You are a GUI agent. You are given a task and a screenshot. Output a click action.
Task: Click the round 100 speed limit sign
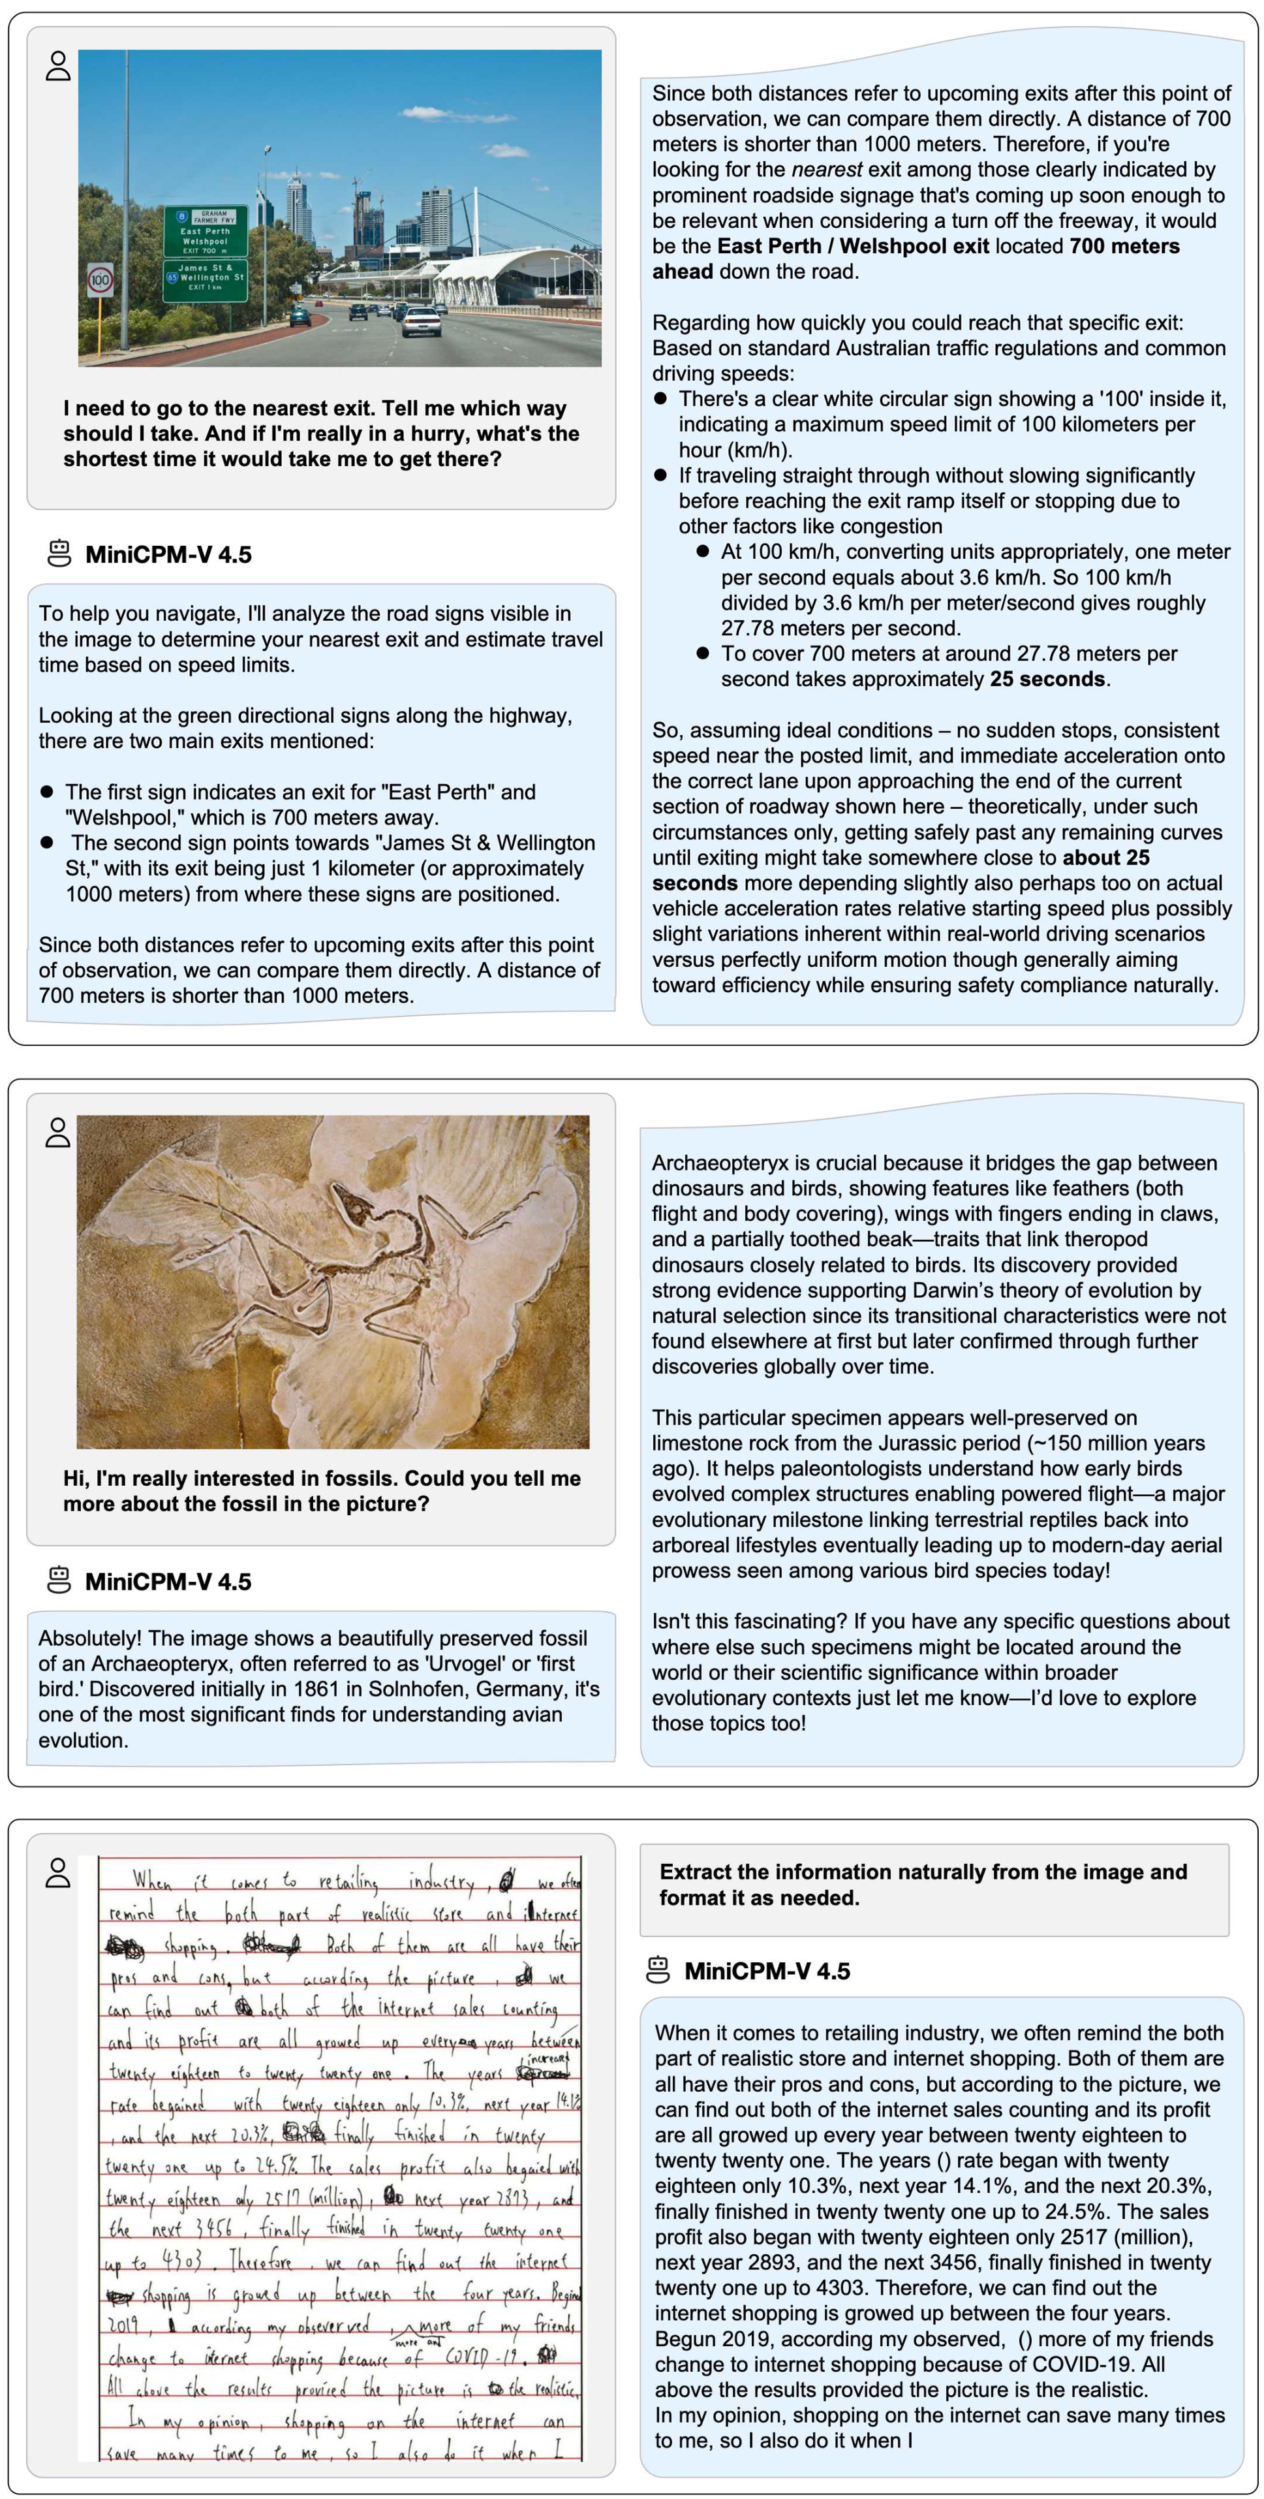click(100, 280)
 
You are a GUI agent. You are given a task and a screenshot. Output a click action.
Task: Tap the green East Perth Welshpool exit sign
click(205, 231)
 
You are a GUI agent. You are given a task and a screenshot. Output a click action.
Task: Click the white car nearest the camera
click(420, 319)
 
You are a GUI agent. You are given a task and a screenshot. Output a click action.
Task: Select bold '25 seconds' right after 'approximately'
click(1047, 679)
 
